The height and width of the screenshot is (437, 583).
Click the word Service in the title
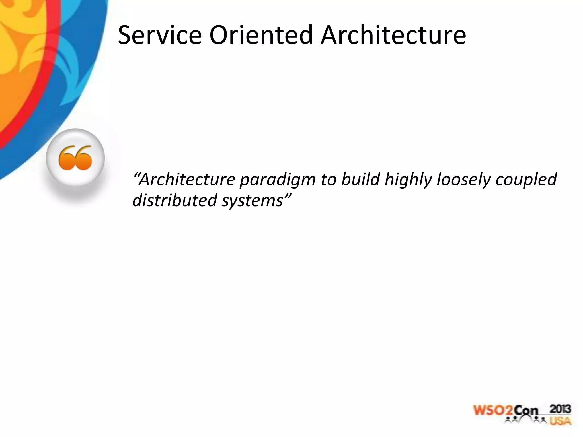click(159, 35)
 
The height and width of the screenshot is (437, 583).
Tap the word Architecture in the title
click(393, 35)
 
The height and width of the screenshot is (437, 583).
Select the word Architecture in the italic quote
click(188, 180)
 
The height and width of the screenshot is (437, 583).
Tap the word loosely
click(464, 180)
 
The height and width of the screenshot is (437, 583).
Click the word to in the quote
click(328, 180)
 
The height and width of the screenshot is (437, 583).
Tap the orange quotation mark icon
click(75, 158)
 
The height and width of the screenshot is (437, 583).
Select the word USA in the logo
click(560, 421)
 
